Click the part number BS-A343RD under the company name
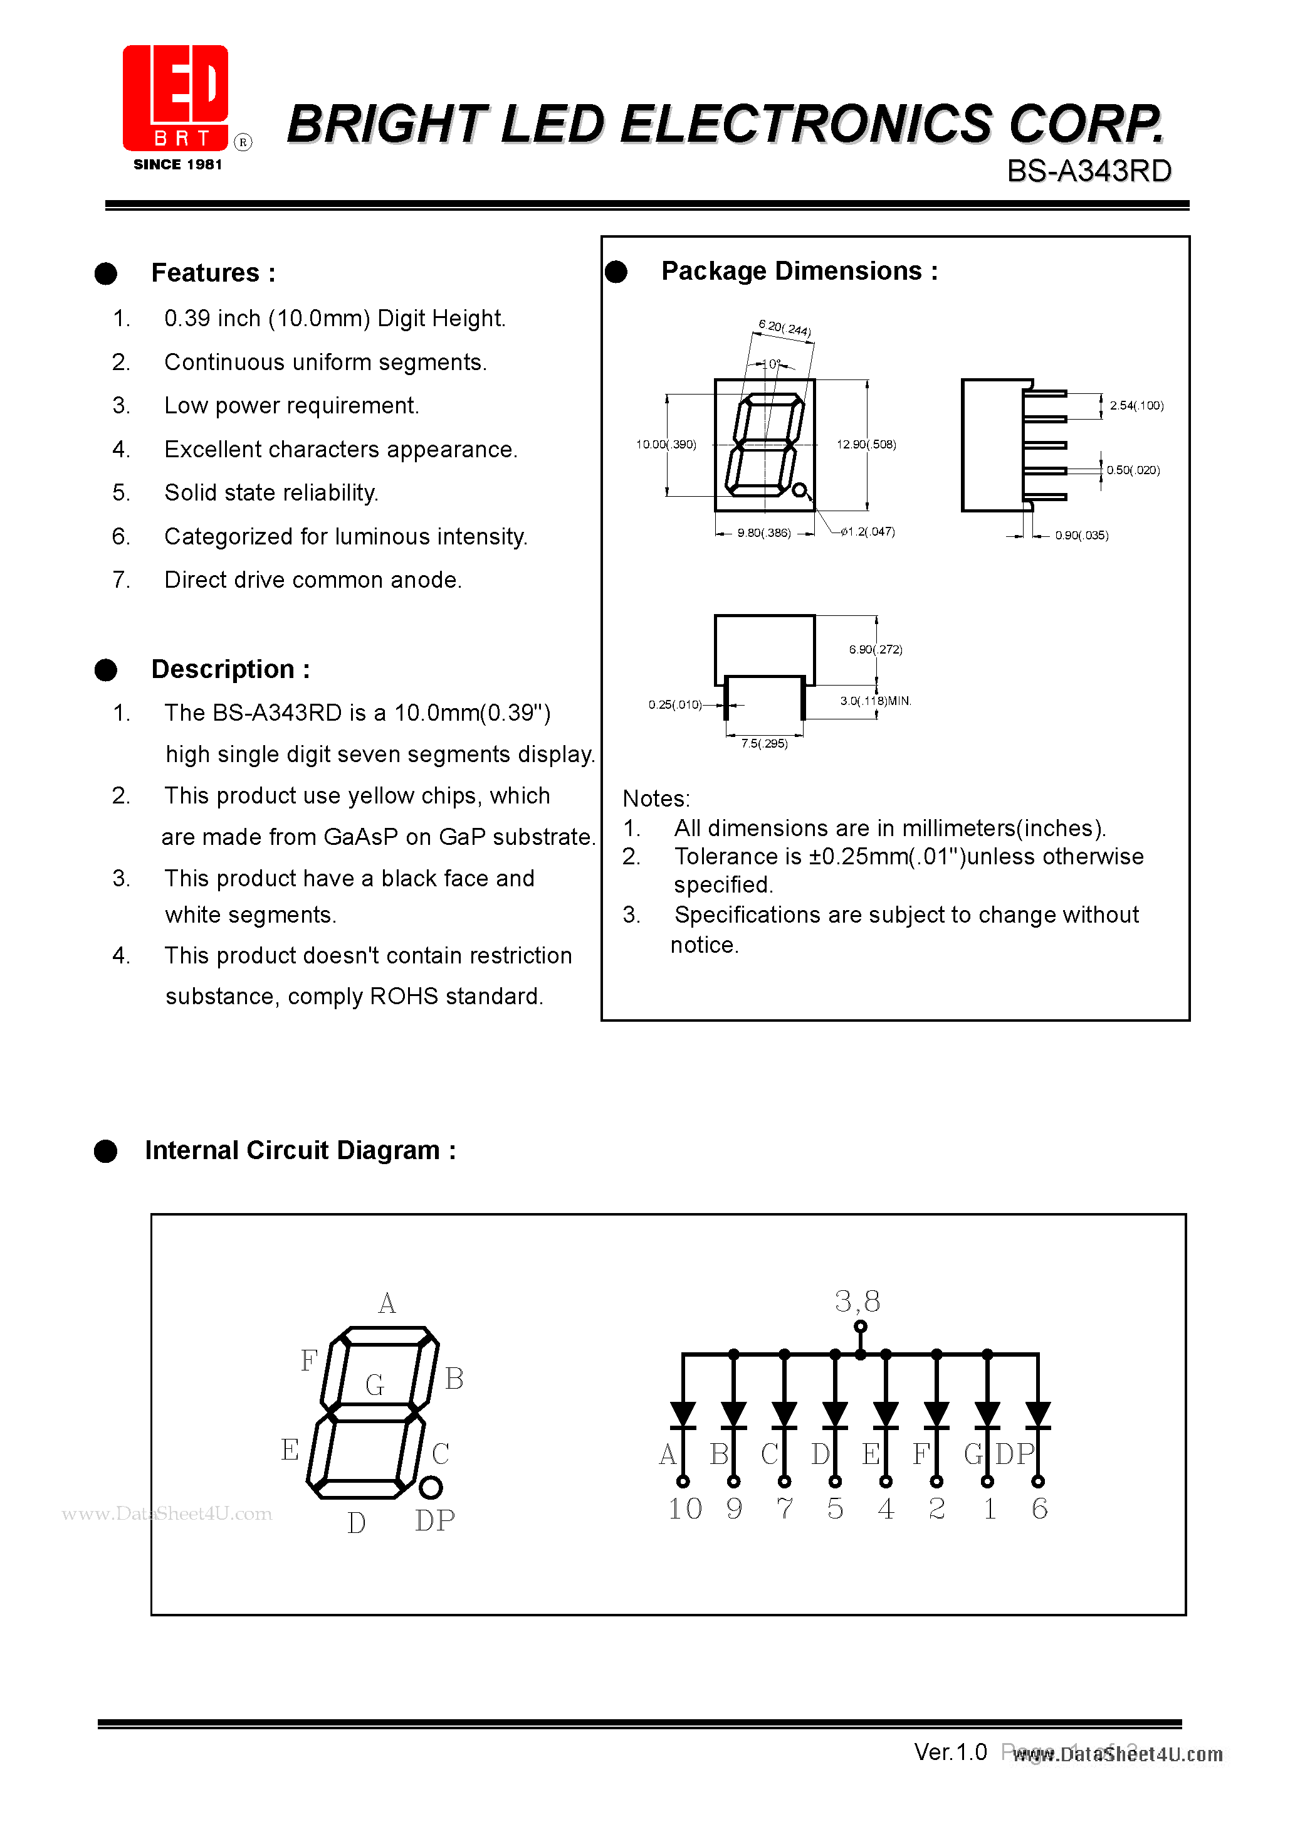point(1088,171)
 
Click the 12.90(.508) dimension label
point(866,445)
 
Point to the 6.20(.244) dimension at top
point(785,328)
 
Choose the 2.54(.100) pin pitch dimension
point(1136,406)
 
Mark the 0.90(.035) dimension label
point(1081,535)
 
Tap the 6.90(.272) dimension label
point(876,649)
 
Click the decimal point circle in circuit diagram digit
point(431,1487)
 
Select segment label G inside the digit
point(374,1385)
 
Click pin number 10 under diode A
point(685,1509)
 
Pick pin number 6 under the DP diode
point(1039,1509)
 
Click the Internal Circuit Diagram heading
point(300,1150)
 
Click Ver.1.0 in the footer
point(950,1752)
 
